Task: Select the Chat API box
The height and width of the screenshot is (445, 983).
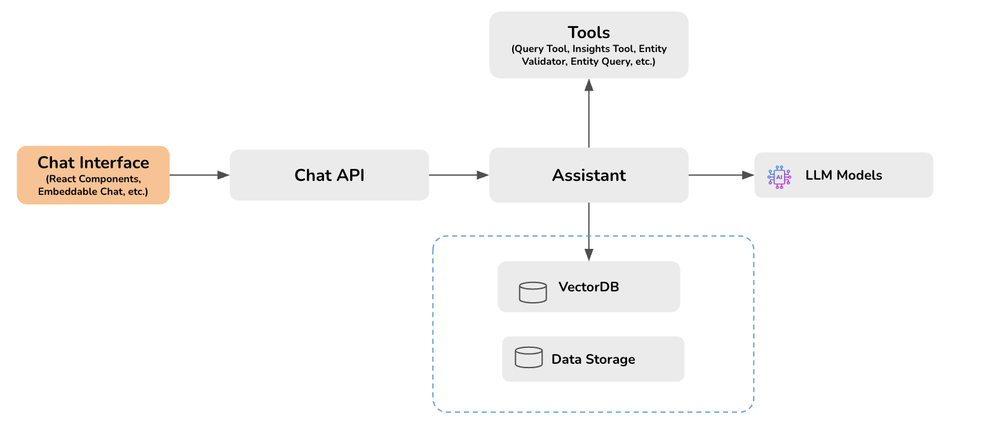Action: click(x=329, y=175)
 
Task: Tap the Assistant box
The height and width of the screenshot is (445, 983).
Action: click(x=588, y=175)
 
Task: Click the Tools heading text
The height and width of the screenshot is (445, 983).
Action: click(x=588, y=32)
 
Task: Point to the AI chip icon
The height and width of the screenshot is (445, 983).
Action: click(x=779, y=176)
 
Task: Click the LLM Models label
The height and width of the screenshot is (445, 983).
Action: click(x=843, y=175)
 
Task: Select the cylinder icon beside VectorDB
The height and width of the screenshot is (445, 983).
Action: click(x=532, y=292)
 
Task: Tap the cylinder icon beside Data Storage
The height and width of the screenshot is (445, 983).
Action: click(x=529, y=357)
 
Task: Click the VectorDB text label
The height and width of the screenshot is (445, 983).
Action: click(x=588, y=287)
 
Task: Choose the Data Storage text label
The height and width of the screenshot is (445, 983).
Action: click(x=593, y=359)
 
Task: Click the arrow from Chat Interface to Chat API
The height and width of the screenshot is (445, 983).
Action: click(x=199, y=175)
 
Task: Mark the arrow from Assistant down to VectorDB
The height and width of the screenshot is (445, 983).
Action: click(x=589, y=232)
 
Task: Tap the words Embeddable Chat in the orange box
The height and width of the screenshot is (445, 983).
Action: click(x=78, y=191)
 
